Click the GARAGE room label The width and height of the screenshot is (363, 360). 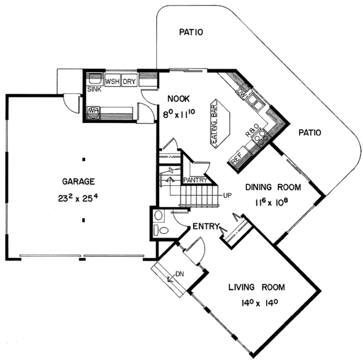[x=78, y=182]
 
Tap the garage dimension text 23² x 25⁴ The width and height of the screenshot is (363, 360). [x=78, y=198]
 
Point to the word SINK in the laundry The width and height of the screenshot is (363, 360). [x=94, y=89]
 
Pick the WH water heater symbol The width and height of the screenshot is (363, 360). [x=93, y=113]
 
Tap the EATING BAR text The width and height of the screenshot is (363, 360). [x=215, y=123]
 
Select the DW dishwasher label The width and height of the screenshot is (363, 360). [x=241, y=93]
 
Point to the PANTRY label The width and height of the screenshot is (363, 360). [x=195, y=180]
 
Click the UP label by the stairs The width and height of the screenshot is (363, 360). [x=227, y=195]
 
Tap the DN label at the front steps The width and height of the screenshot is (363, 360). [x=180, y=274]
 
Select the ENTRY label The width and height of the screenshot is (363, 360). [x=206, y=226]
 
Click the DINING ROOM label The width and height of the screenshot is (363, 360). [x=273, y=187]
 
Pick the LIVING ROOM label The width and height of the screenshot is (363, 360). [x=257, y=287]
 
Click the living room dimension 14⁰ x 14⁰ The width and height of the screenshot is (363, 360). [x=260, y=303]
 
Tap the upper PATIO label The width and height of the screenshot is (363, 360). [x=191, y=32]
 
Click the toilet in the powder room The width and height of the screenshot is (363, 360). [x=162, y=230]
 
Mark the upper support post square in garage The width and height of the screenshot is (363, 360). [x=84, y=159]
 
